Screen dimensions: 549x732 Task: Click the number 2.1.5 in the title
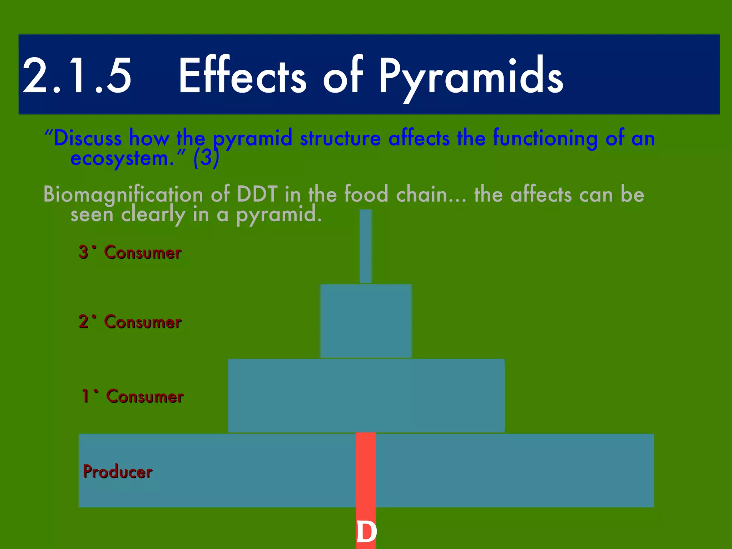(x=77, y=76)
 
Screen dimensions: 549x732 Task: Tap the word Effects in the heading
(x=242, y=76)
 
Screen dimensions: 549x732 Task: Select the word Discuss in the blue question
(x=88, y=138)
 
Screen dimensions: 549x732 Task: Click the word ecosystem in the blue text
(x=122, y=158)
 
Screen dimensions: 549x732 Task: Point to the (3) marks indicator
(x=206, y=158)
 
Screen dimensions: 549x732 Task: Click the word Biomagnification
(x=123, y=195)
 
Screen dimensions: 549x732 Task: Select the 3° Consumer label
(x=130, y=252)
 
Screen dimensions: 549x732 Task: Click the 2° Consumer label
(x=130, y=322)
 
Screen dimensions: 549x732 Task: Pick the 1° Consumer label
(x=132, y=396)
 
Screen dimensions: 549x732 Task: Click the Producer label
(x=118, y=471)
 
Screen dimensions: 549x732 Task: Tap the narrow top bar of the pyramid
(x=366, y=247)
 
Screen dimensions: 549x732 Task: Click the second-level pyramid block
(x=366, y=321)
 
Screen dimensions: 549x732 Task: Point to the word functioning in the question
(x=545, y=138)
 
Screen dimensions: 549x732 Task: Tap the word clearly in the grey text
(x=153, y=215)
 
